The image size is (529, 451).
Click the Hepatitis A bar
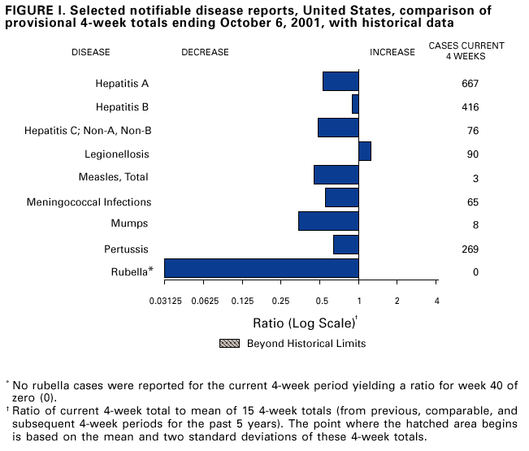pos(340,81)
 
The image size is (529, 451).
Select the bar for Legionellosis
pos(365,151)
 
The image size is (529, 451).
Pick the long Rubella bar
pos(261,269)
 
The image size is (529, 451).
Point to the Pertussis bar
pos(346,244)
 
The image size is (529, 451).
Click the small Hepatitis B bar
pos(355,104)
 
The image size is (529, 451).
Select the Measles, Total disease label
pos(113,177)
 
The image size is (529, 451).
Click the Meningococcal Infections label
pos(89,202)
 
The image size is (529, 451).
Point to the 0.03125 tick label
pos(164,301)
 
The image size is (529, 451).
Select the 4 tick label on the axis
pos(436,301)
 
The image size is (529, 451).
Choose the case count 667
pos(470,84)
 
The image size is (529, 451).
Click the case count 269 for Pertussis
pos(470,249)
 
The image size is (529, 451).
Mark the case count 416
pos(470,107)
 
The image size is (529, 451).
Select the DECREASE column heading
pos(205,53)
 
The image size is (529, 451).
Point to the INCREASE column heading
pos(392,53)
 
